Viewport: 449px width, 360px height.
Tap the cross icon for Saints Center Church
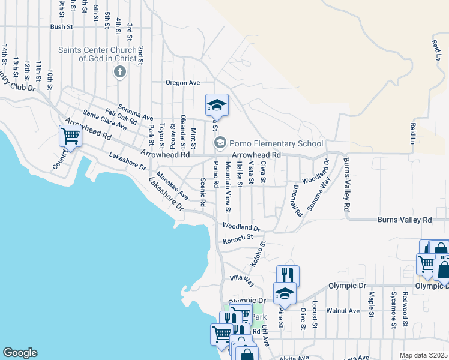119,73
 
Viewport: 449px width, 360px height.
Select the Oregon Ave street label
183,83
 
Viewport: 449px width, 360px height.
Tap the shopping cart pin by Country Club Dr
71,136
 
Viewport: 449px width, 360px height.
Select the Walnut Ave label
343,311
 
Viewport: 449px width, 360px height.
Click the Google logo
20,353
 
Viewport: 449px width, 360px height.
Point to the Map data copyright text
423,355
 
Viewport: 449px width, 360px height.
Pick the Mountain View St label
228,187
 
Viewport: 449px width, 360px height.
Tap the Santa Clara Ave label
105,120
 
